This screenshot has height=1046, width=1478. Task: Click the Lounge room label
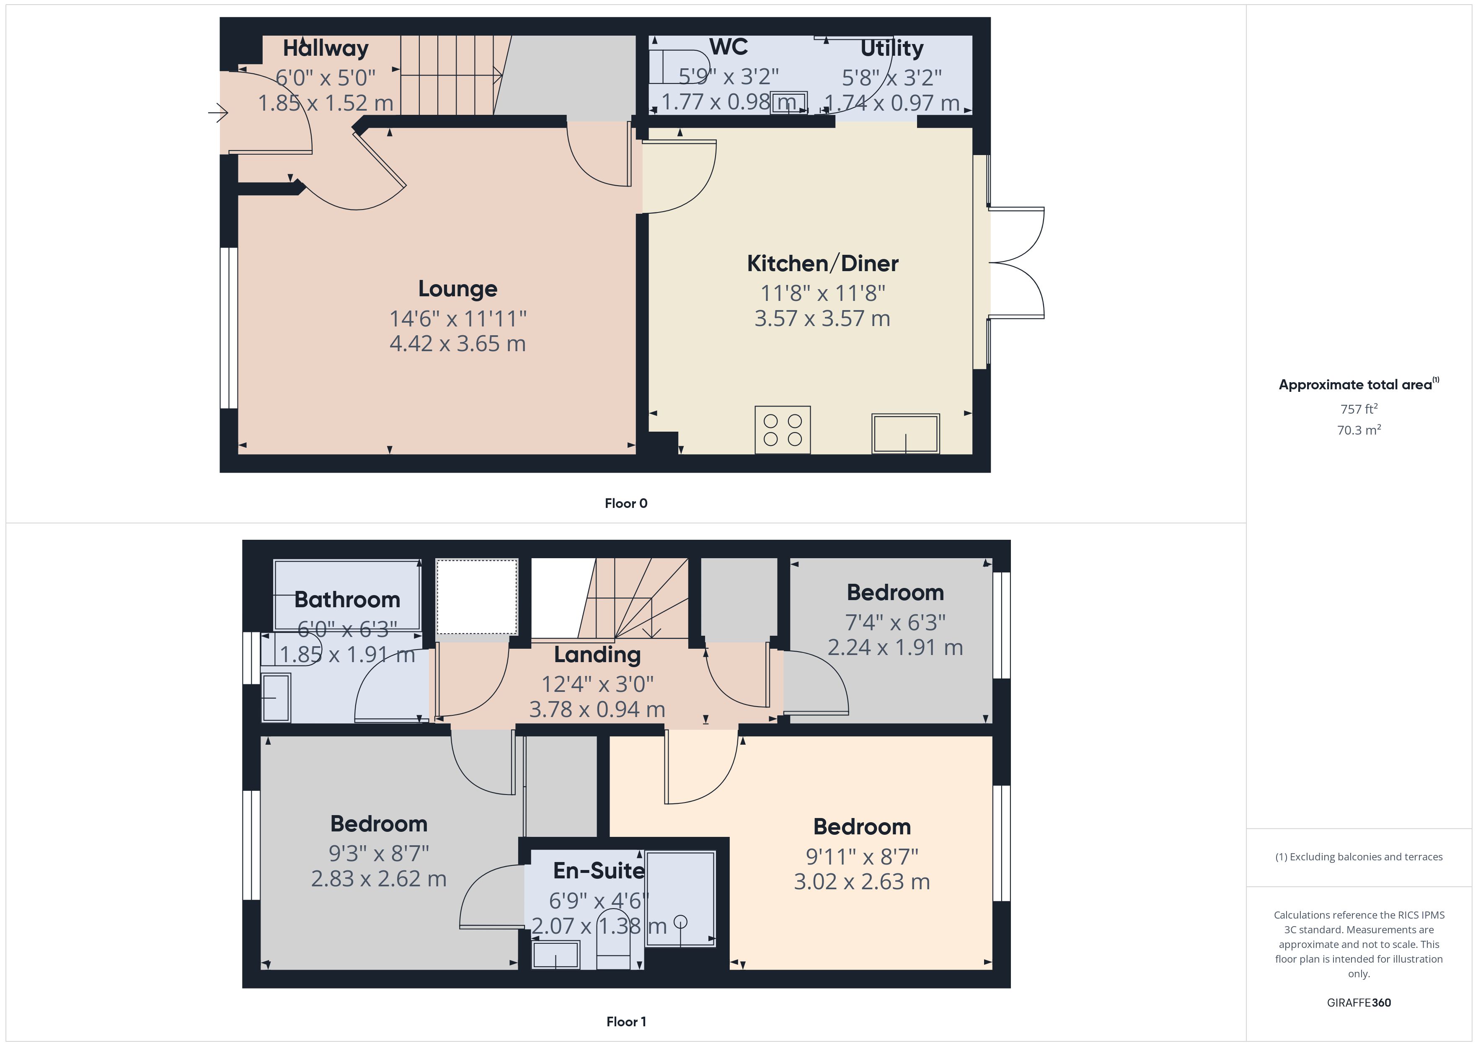[458, 289]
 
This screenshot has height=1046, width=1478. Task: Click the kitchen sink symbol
[905, 433]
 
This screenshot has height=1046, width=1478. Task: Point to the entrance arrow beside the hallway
[218, 114]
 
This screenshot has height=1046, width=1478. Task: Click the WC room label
[728, 47]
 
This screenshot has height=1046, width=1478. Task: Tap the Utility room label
[891, 48]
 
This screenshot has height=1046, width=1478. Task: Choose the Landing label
[597, 655]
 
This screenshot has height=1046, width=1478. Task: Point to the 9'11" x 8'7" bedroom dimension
[862, 857]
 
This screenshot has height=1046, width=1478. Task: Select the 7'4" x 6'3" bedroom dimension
[895, 622]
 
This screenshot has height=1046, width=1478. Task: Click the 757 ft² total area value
[1358, 409]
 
